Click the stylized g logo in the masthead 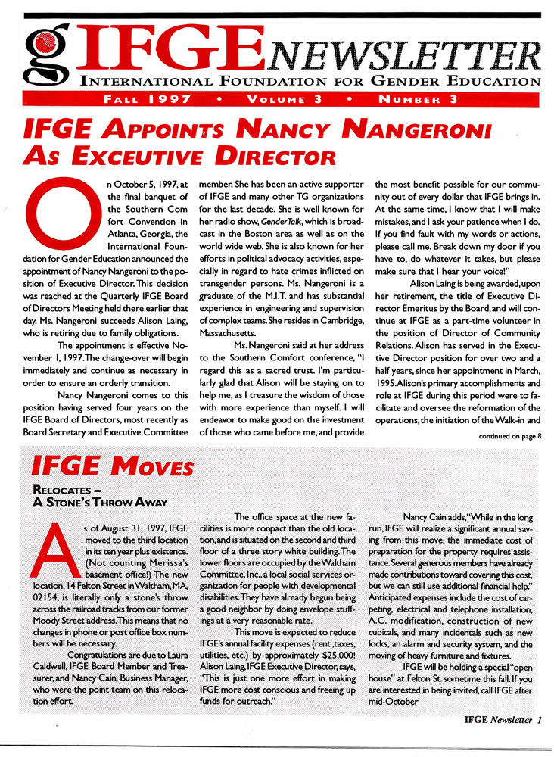45,51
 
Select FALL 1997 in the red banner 147,99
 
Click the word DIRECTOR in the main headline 261,157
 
